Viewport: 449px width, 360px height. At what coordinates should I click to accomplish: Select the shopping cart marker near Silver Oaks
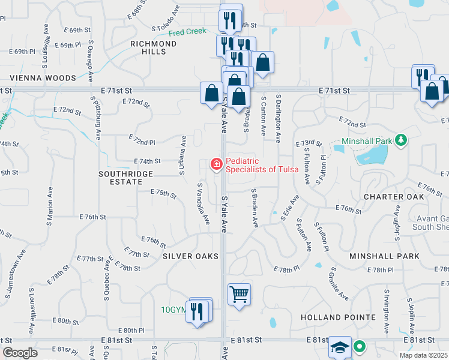click(x=239, y=294)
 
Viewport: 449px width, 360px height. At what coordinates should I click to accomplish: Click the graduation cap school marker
click(x=340, y=347)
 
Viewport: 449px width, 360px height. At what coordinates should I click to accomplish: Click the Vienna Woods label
click(x=43, y=78)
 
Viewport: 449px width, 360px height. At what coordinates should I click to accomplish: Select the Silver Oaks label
click(x=190, y=256)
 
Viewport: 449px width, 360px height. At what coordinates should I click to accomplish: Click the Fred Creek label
click(x=187, y=32)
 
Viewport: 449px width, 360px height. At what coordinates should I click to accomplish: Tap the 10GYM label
click(x=175, y=310)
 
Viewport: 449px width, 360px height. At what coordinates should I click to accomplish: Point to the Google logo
click(x=20, y=353)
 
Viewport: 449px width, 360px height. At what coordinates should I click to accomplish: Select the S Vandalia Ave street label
click(x=203, y=204)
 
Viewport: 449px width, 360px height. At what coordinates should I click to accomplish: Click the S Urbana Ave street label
click(x=182, y=155)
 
